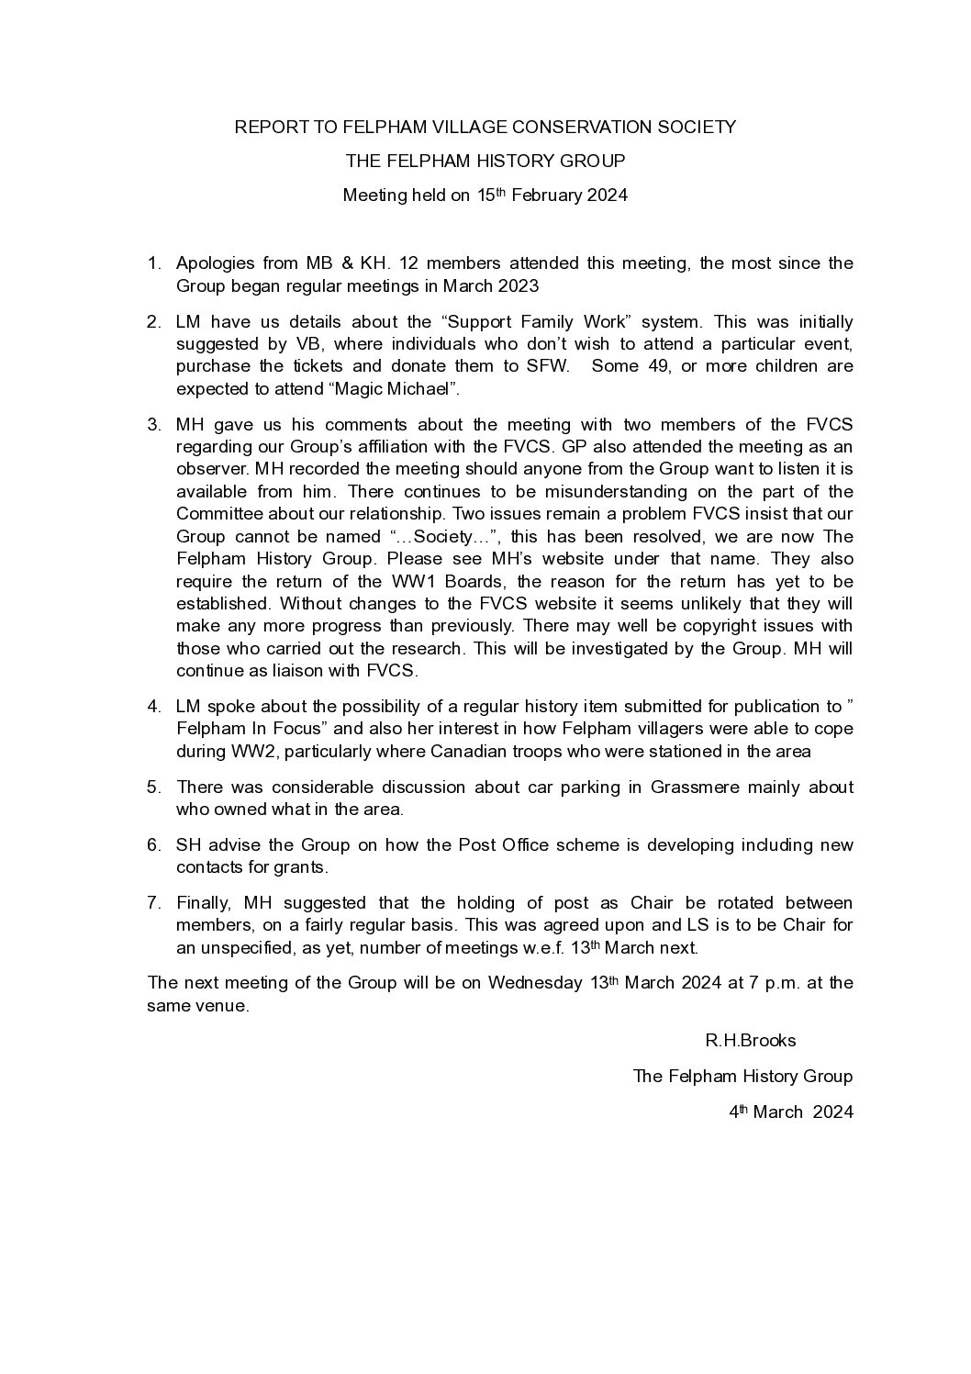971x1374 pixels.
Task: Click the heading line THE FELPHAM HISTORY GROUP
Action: coord(485,161)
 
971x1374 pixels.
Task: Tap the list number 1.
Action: coord(153,263)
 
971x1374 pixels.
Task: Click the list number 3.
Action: coord(153,424)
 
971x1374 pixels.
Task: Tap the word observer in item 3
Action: coord(207,469)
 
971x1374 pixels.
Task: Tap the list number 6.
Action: coord(153,844)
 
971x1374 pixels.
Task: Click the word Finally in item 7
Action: coord(206,902)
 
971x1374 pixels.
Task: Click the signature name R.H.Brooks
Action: coord(751,1040)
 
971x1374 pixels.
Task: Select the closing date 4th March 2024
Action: coord(791,1111)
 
